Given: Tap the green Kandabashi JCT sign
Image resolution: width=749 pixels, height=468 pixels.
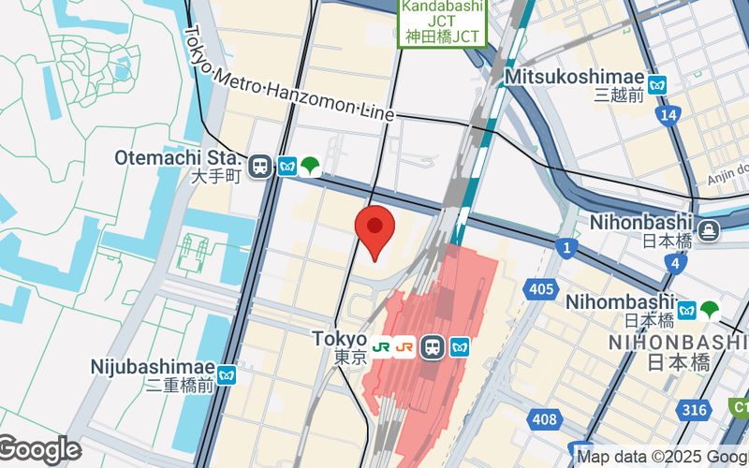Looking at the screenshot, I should (x=444, y=22).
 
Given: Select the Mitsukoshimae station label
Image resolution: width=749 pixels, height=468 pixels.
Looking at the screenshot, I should (x=575, y=77).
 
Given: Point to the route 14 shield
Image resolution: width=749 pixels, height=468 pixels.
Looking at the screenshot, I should (x=667, y=115).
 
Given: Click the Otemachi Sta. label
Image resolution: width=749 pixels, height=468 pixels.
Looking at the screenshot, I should (x=179, y=158).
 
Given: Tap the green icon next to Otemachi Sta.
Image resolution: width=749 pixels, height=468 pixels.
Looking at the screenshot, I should (x=310, y=167).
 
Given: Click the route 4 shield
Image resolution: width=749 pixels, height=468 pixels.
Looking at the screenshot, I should (x=675, y=265).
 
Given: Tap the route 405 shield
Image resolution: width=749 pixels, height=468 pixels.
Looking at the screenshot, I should (x=540, y=289).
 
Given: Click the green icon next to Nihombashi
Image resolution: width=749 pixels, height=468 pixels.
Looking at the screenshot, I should (x=711, y=310).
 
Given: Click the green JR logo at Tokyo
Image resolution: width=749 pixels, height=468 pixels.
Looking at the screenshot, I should (x=382, y=346).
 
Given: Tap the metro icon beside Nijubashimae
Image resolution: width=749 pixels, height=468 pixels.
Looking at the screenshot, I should (x=227, y=375).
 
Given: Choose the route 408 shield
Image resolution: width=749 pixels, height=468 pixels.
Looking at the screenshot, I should (x=542, y=419).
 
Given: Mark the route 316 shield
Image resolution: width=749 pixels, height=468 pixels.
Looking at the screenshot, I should (x=694, y=410).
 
